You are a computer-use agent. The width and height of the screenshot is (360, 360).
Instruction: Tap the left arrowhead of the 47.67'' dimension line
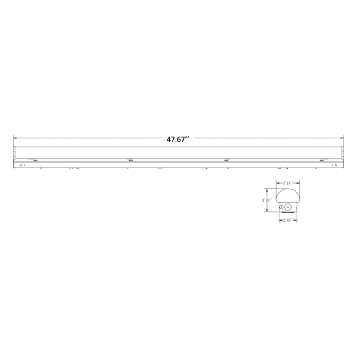[15, 138]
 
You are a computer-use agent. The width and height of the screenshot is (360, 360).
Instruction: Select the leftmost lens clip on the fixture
[35, 160]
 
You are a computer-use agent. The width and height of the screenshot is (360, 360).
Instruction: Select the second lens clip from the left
[130, 160]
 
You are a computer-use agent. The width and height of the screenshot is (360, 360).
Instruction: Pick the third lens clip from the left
[226, 160]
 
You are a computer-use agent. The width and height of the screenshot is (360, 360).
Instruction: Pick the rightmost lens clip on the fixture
[321, 160]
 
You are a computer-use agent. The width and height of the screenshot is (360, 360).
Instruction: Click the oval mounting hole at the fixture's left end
[21, 165]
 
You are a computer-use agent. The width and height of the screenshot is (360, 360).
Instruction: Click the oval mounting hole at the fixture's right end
[336, 165]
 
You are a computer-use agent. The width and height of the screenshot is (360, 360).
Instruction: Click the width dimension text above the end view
[287, 183]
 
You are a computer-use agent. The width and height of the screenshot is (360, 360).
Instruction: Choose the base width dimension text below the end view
[287, 220]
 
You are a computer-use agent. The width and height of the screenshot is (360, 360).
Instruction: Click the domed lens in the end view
[287, 195]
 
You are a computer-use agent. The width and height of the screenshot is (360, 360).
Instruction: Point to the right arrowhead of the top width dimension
[299, 183]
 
